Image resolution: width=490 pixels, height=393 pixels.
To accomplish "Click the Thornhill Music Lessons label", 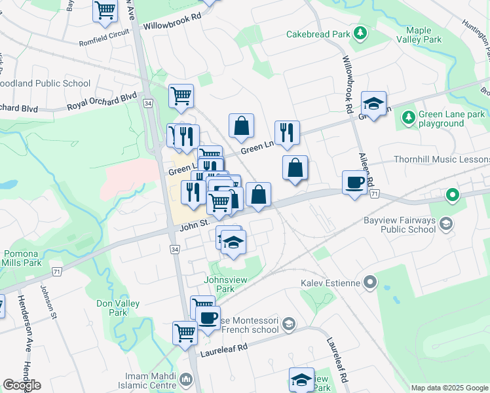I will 442,160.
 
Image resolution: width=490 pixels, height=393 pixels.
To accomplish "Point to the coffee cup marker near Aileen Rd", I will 354,183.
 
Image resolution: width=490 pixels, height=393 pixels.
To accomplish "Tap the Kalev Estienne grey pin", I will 371,282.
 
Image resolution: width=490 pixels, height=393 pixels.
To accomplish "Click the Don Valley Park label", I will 112,308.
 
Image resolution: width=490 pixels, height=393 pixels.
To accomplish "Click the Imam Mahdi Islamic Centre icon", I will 186,378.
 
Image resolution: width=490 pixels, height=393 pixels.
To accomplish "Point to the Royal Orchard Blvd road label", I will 102,103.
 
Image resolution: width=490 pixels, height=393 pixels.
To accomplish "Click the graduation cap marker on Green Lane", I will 373,103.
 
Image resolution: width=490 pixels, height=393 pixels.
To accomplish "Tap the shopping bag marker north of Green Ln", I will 241,126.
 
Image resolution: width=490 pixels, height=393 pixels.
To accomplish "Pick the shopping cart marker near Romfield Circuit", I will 105,10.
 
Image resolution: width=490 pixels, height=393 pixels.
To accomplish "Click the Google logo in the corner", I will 22,385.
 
